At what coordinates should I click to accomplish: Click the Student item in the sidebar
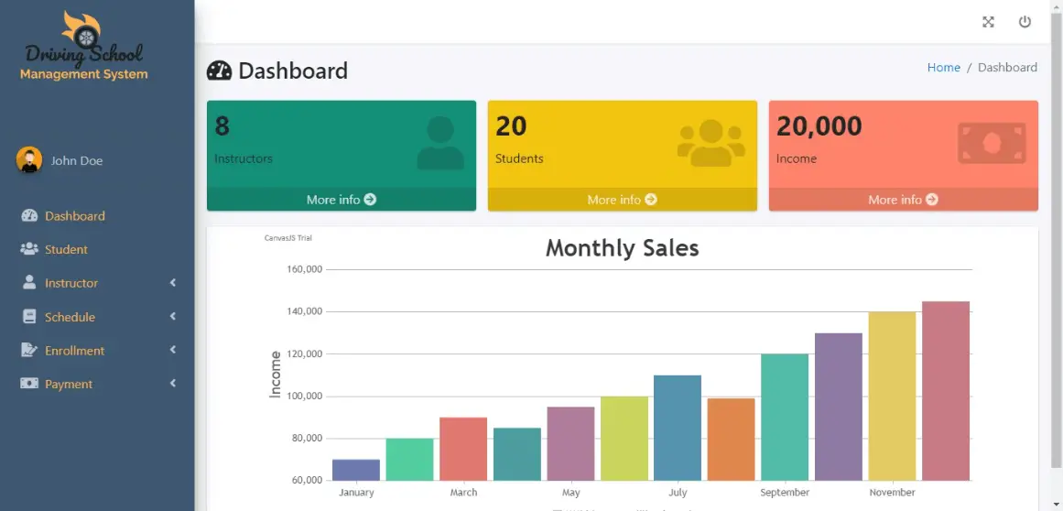pos(66,249)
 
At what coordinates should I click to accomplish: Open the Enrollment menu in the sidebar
pos(74,351)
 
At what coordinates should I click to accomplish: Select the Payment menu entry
pos(69,385)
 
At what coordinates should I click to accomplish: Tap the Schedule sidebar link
pos(70,317)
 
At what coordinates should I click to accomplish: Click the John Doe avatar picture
pos(29,160)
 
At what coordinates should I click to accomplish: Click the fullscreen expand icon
pos(988,22)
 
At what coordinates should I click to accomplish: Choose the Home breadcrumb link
pos(943,68)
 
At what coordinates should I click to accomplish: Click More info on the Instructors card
pos(341,200)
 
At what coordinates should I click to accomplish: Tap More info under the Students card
pos(622,200)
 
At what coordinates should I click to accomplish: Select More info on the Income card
pos(903,200)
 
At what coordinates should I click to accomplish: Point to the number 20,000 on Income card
pos(819,126)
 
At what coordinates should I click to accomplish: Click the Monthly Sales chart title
pos(622,248)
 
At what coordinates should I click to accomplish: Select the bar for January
pos(356,470)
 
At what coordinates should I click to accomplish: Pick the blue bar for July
pos(678,428)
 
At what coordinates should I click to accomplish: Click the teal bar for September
pos(785,417)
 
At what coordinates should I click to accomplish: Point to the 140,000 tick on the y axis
pos(305,311)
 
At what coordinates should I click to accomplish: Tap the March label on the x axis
pos(463,493)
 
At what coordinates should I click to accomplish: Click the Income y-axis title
pos(275,374)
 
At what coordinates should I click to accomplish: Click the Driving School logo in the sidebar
pos(83,47)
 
